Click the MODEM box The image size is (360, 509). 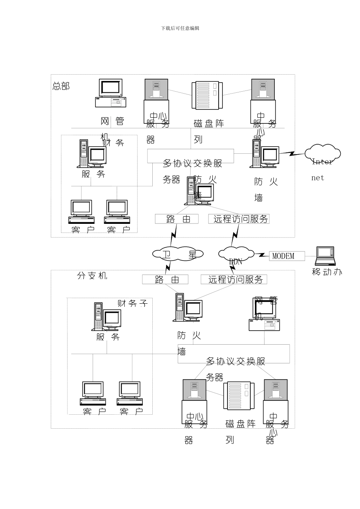286,256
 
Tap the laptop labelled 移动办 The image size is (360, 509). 325,256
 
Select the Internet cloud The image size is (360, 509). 323,154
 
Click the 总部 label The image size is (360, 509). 61,86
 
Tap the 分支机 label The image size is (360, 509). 92,276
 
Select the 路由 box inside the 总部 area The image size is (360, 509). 177,219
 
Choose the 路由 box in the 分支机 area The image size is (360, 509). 165,279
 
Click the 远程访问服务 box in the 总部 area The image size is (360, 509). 239,219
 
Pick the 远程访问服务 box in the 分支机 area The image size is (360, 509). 234,279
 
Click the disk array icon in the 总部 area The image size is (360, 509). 207,95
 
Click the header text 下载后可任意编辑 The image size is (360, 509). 180,28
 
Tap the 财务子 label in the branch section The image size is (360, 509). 132,303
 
